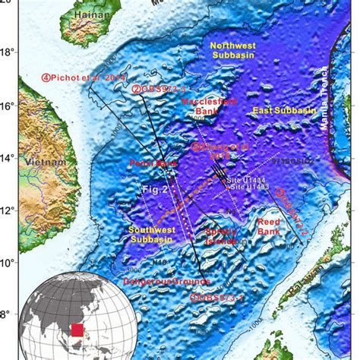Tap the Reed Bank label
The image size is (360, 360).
tap(267, 226)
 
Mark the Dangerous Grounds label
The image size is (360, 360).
tap(150, 283)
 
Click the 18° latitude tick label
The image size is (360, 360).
tap(8, 52)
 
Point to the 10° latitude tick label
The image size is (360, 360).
tap(8, 263)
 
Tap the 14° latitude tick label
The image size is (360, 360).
tap(8, 158)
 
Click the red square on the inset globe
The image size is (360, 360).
tap(76, 330)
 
